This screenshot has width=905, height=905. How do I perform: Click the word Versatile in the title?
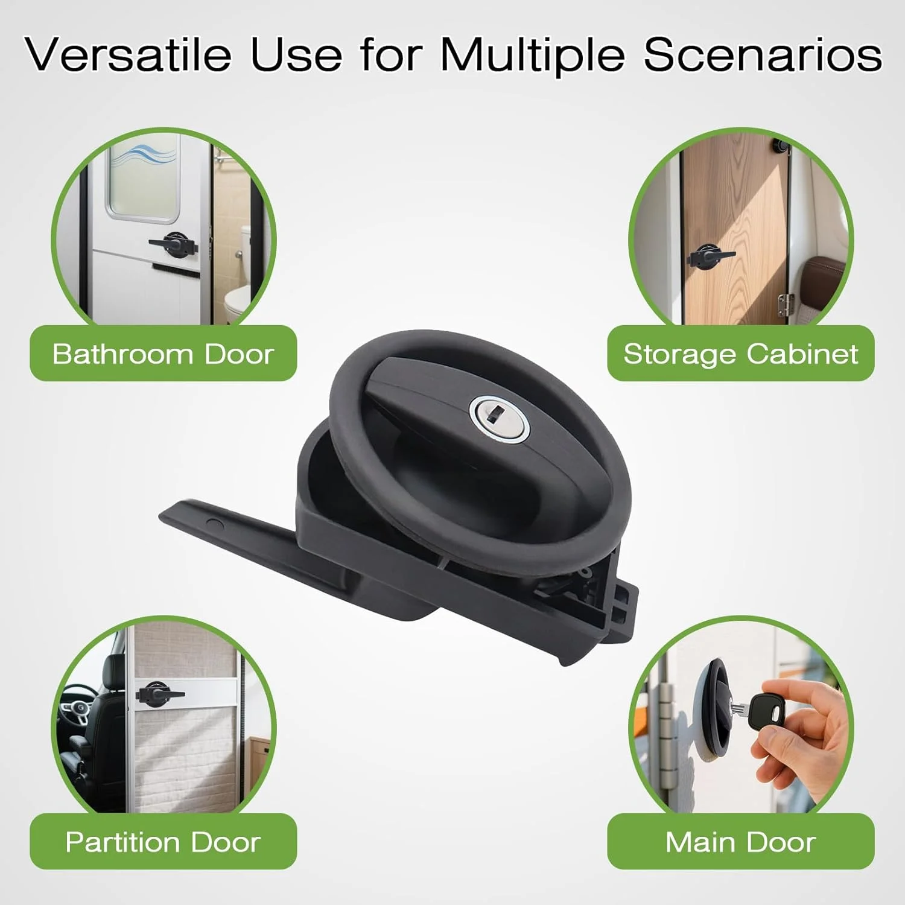pos(128,55)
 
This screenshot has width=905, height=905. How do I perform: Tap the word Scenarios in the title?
pos(763,55)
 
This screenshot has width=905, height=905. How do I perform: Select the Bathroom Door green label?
pos(163,354)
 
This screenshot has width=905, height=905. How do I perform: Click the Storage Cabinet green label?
pos(741,354)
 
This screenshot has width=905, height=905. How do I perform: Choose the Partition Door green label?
pos(163,842)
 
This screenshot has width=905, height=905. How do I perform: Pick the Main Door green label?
pos(741,842)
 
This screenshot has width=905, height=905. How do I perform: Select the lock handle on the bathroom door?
pos(174,244)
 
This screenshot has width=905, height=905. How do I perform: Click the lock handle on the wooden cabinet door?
pos(710,256)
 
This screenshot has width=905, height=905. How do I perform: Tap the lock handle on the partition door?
pos(159,693)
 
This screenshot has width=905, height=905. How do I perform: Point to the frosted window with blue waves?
pos(144,176)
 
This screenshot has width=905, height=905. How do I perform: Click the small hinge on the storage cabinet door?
pos(785,304)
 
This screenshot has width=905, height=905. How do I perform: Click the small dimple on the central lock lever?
pos(214,524)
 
